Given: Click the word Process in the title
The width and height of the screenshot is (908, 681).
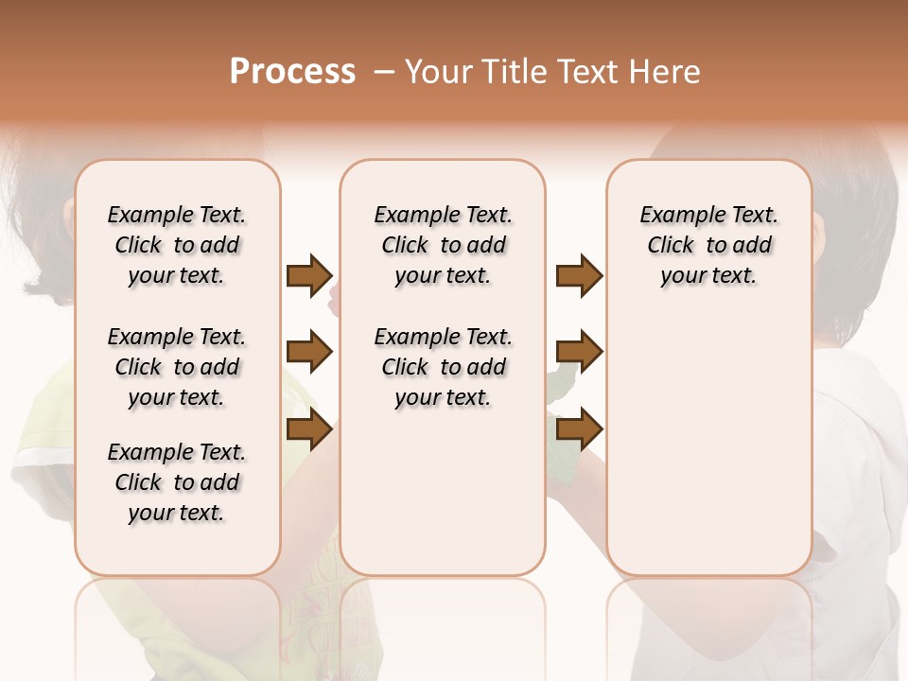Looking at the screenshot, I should coord(292,72).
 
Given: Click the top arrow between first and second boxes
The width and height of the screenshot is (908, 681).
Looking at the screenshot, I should coord(309,275).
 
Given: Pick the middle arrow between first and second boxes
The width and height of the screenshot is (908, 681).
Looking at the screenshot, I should coord(309,353).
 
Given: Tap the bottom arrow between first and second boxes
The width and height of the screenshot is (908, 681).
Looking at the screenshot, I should coord(309,429).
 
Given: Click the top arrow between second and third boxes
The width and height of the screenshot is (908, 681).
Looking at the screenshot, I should coord(579,275).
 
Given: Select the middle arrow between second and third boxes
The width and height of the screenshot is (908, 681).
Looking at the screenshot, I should coord(579,353).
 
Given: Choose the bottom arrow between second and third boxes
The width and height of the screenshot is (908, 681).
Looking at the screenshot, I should coord(579,429).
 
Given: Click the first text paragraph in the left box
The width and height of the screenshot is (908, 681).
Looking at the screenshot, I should coord(177,245).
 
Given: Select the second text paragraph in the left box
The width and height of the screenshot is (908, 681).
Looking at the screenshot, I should coord(177,367).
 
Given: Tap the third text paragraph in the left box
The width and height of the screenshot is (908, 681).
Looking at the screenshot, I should coord(177,482).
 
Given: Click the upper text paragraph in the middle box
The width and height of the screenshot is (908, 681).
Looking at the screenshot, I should coord(443,245).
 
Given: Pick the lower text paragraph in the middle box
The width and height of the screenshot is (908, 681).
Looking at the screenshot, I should coord(443,367).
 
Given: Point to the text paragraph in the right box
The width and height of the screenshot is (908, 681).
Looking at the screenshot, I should coord(708,245).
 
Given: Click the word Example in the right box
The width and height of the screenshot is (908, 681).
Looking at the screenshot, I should coord(678,216).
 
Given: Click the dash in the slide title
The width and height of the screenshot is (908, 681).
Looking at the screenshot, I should coord(385,72).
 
